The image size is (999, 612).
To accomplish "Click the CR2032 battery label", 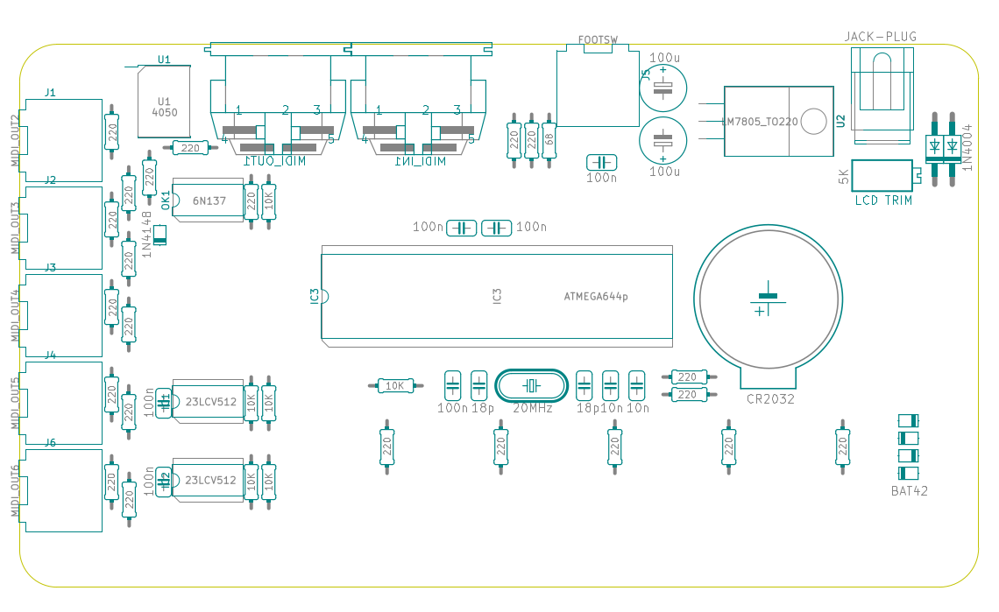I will pyautogui.click(x=770, y=399).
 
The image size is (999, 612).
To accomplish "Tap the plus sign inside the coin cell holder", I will pyautogui.click(x=759, y=310).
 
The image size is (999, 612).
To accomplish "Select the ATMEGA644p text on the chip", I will pyautogui.click(x=596, y=297).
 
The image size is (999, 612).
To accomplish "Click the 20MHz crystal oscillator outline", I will pyautogui.click(x=531, y=385).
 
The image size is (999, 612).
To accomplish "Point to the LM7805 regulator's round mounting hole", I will pyautogui.click(x=814, y=122).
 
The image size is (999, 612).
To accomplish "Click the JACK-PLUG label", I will pyautogui.click(x=880, y=37).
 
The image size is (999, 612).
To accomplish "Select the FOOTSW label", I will pyautogui.click(x=598, y=40).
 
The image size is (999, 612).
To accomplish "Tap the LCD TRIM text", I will pyautogui.click(x=883, y=200).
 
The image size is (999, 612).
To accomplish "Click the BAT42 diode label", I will pyautogui.click(x=909, y=491).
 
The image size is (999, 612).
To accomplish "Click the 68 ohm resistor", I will pyautogui.click(x=549, y=138).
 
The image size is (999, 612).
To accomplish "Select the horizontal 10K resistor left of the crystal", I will pyautogui.click(x=394, y=385).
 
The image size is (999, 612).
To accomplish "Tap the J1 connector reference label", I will pyautogui.click(x=50, y=92).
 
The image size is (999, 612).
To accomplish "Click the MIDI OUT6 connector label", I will pyautogui.click(x=15, y=489).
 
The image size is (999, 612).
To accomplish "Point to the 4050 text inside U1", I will pyautogui.click(x=164, y=113).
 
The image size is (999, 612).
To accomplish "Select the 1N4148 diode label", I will pyautogui.click(x=146, y=234).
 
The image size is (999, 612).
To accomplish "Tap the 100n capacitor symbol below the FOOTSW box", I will pyautogui.click(x=601, y=163).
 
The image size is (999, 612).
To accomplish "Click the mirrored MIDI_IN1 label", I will pyautogui.click(x=420, y=162).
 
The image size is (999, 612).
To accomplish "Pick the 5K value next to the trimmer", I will pyautogui.click(x=844, y=177).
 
